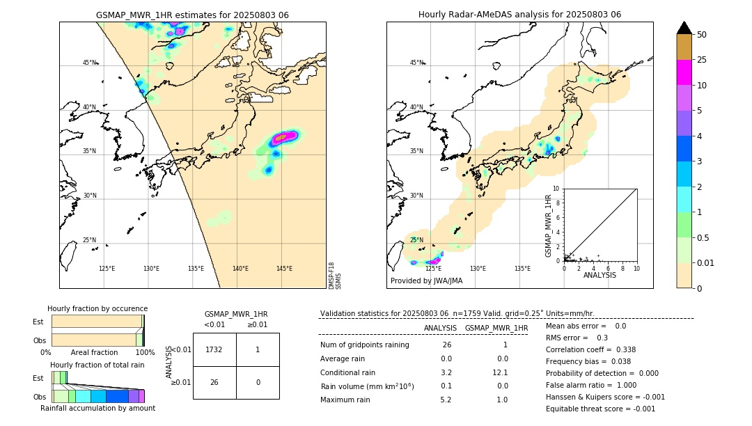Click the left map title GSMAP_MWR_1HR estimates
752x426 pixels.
click(x=192, y=15)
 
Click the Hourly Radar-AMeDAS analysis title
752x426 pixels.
click(x=519, y=15)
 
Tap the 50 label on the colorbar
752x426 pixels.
click(x=702, y=35)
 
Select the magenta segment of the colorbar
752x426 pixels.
click(x=684, y=72)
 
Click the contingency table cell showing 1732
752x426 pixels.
click(x=214, y=349)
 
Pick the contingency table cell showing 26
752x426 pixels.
click(x=214, y=382)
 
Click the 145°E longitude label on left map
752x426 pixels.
click(x=284, y=269)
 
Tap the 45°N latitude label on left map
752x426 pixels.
click(x=89, y=63)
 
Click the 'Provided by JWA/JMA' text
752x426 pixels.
click(x=426, y=281)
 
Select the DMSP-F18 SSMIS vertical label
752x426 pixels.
click(x=335, y=275)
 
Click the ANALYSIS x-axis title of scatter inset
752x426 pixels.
click(x=600, y=275)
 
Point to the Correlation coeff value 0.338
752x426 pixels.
click(x=613, y=350)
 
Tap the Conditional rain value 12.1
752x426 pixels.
click(x=501, y=372)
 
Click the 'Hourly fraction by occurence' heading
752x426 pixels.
click(x=97, y=309)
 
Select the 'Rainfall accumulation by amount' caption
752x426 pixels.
click(x=97, y=409)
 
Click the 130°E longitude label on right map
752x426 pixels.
click(x=478, y=269)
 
